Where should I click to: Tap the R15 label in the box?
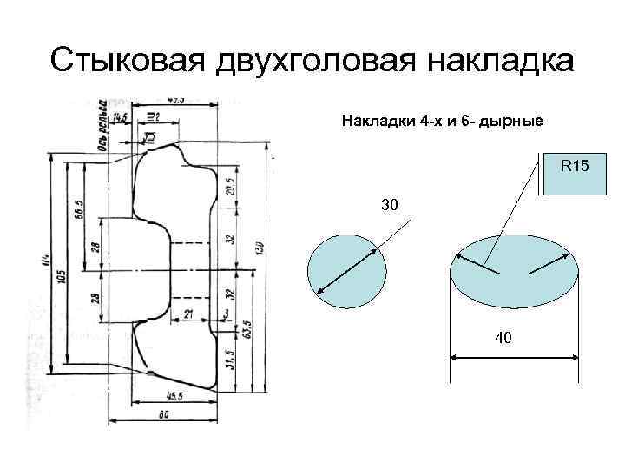coord(575,163)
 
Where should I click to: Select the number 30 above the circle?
coord(390,206)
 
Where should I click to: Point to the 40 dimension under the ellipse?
coord(503,338)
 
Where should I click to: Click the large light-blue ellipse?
coord(514,270)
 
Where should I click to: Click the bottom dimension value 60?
coord(164,415)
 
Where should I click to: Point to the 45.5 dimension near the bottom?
coord(174,396)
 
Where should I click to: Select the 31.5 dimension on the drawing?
coord(229,359)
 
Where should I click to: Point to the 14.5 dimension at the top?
coord(120,116)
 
